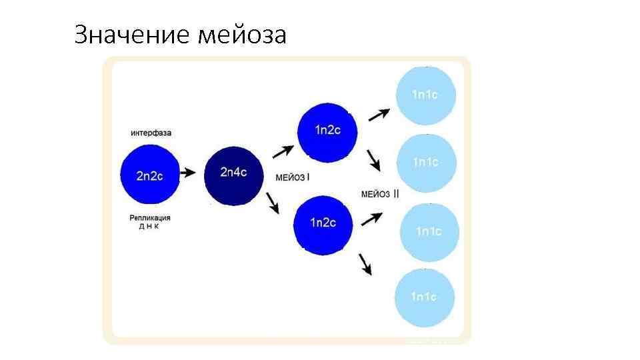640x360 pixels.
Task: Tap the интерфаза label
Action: (x=151, y=133)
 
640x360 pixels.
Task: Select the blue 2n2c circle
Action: (x=150, y=175)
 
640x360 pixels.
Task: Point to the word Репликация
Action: (x=150, y=217)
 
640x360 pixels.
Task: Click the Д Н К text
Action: (x=150, y=227)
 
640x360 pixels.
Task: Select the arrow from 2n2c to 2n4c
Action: (x=188, y=173)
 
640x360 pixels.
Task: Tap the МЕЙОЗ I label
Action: (x=293, y=177)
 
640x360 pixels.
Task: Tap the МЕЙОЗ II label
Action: (x=380, y=194)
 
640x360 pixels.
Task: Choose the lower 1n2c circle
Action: (x=323, y=223)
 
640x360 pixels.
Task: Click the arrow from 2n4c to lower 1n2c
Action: (x=273, y=203)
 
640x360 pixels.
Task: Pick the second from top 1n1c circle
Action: (x=426, y=162)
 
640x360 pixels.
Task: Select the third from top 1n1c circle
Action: (x=429, y=231)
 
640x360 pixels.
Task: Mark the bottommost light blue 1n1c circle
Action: (x=424, y=297)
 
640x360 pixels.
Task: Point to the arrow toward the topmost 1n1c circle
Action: (x=379, y=114)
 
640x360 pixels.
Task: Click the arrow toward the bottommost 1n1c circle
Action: (x=365, y=263)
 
